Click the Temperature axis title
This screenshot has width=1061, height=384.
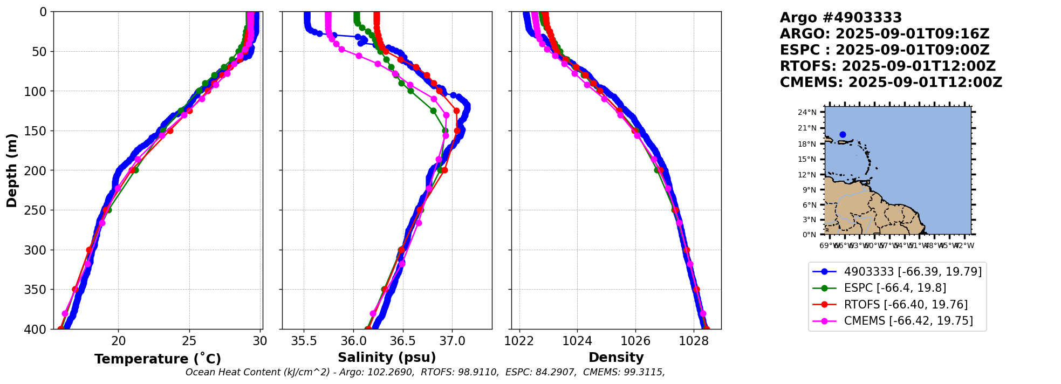coord(158,359)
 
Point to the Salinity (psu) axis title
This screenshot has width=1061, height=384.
coord(387,358)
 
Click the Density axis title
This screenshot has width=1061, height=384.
coord(616,358)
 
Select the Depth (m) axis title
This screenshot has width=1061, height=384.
coord(12,170)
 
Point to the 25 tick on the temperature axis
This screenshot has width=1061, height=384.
coord(189,341)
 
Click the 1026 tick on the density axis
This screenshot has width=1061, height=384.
coord(635,341)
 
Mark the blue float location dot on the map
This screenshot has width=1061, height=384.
coord(843,134)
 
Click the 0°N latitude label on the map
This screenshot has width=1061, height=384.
coord(809,235)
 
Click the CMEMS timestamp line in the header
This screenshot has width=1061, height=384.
coord(891,83)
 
